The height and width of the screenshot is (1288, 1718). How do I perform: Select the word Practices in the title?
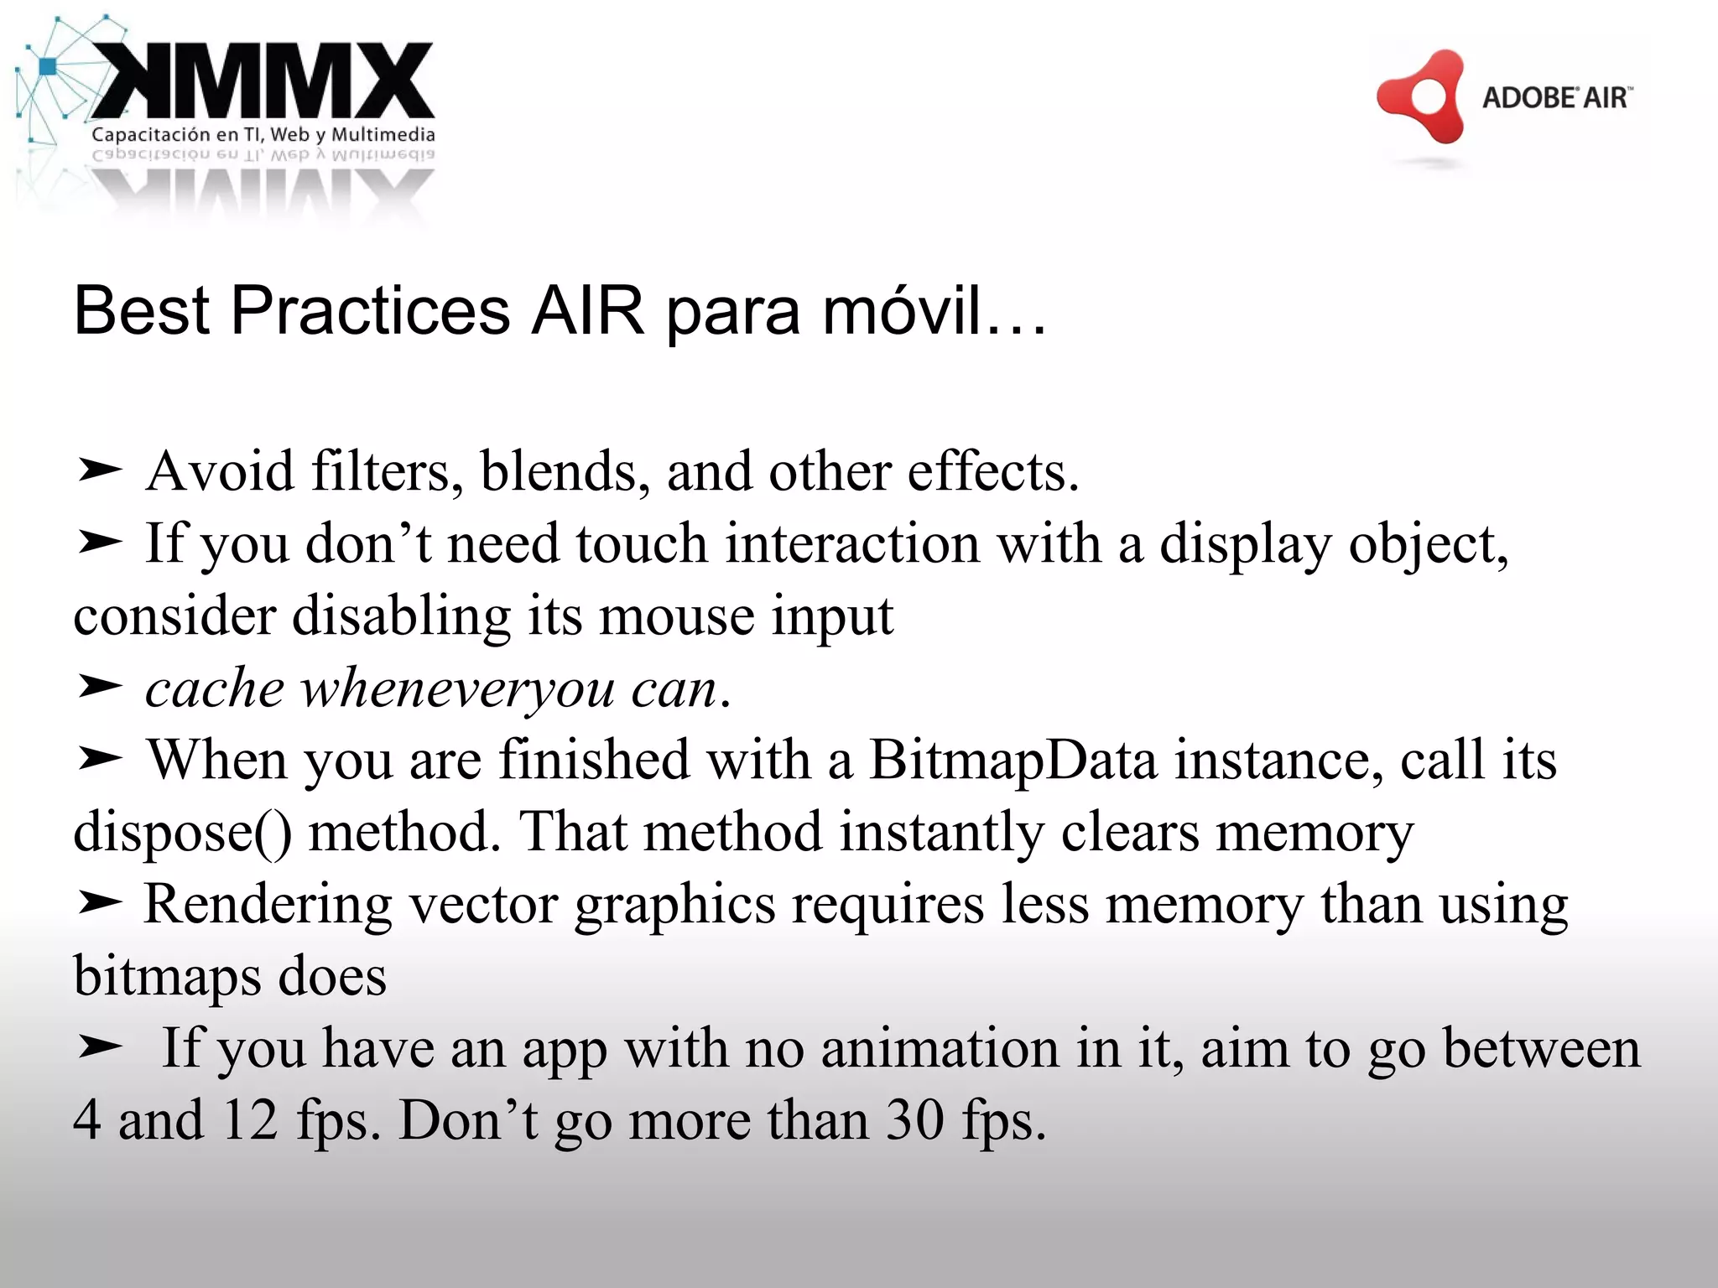[370, 311]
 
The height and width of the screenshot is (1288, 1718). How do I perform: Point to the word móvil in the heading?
[902, 311]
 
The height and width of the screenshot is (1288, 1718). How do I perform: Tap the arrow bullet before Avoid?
[100, 471]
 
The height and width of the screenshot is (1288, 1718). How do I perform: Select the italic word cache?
[215, 688]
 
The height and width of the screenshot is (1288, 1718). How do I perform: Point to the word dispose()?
[183, 833]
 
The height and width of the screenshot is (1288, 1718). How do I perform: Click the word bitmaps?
[167, 977]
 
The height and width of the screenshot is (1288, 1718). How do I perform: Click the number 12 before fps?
[250, 1121]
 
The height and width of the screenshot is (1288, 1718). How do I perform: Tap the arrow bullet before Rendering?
[100, 904]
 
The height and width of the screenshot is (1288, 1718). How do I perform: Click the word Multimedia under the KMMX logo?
[383, 134]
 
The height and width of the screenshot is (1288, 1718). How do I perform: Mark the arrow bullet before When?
[100, 760]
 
